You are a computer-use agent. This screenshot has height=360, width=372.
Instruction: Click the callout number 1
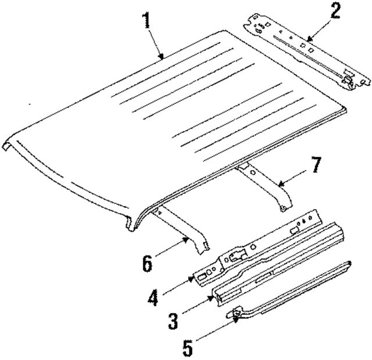click(146, 22)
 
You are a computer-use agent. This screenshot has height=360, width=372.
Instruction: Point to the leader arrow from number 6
click(172, 249)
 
